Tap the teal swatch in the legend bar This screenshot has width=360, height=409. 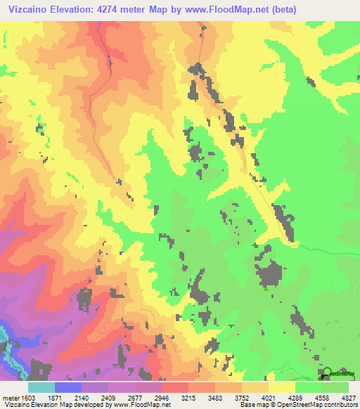(x=41, y=387)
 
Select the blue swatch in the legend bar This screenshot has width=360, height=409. (x=68, y=387)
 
